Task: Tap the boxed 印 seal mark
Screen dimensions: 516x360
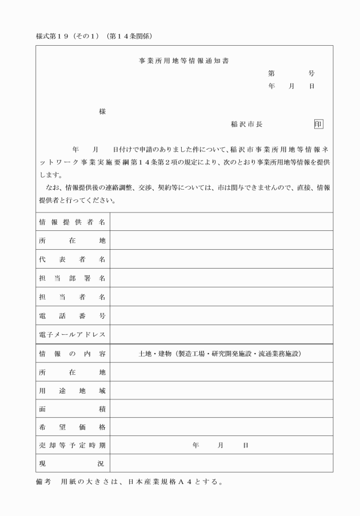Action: (319, 123)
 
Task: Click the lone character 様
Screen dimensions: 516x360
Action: (103, 111)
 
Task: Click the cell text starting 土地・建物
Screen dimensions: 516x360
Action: (220, 354)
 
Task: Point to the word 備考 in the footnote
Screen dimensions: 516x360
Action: (43, 481)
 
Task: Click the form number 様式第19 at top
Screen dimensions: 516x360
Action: (55, 35)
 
